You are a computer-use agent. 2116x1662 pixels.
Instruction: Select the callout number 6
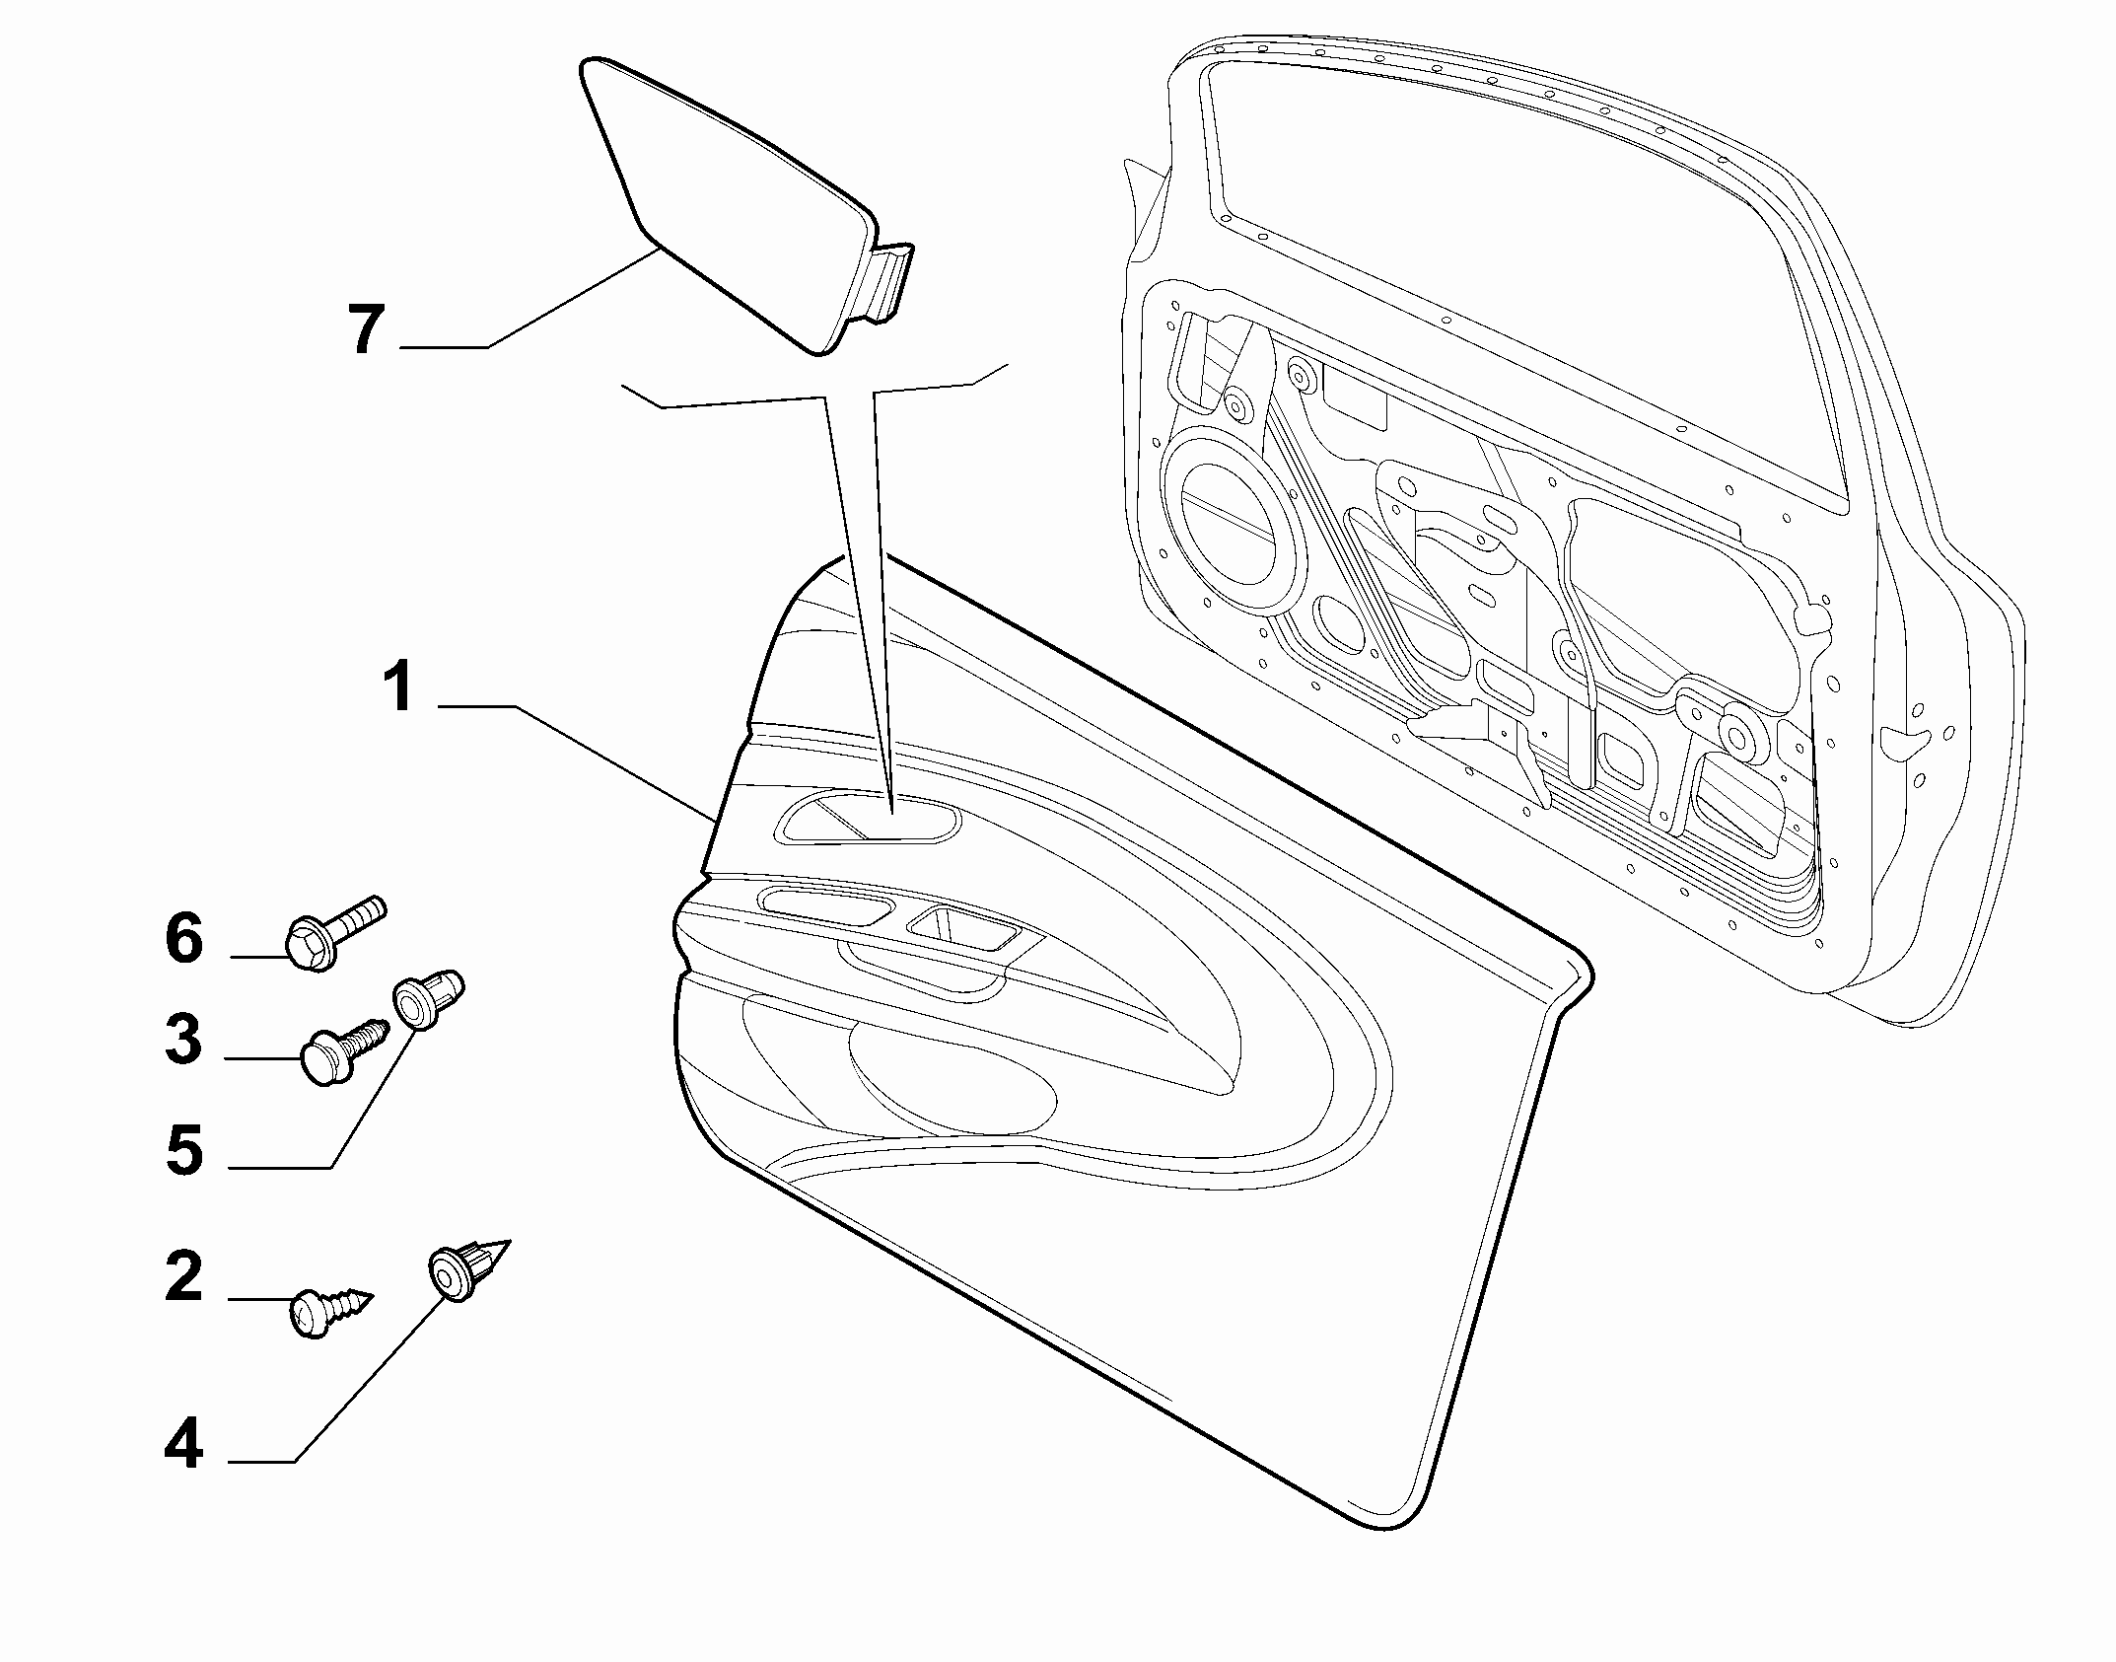pos(184,938)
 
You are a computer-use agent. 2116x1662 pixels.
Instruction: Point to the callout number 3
pos(184,1040)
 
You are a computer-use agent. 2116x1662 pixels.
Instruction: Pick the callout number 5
pos(185,1150)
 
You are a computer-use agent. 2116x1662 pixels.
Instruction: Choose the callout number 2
pos(184,1277)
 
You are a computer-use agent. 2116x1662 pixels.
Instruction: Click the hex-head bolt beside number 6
pos(334,933)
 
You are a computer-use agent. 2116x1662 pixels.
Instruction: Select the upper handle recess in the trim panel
pos(868,819)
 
